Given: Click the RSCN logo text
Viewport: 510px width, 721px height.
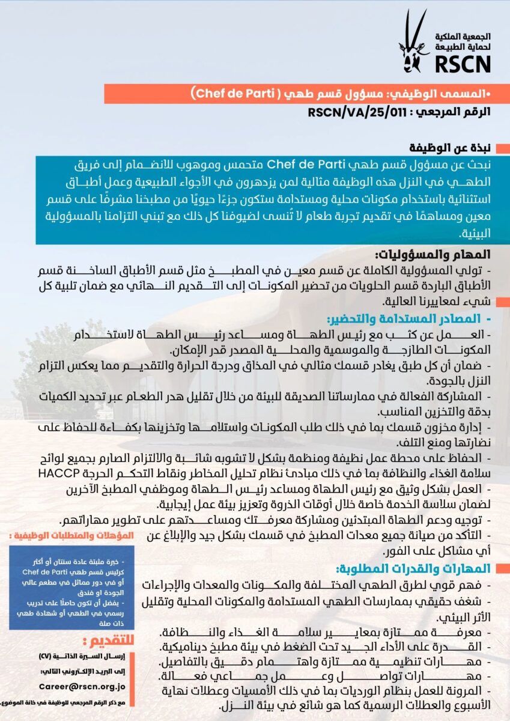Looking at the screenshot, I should [x=464, y=62].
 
